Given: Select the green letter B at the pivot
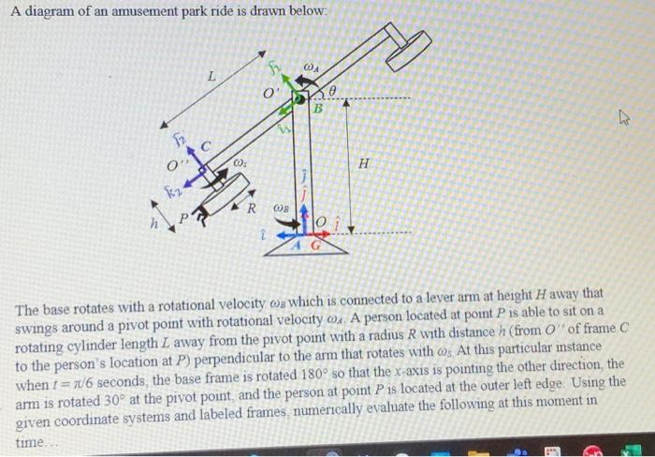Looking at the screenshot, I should tap(317, 108).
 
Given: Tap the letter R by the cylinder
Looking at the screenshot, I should tap(252, 207).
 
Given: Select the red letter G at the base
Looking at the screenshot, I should tap(315, 245).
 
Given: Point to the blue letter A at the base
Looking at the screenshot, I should tap(297, 245).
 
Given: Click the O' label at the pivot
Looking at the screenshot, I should tap(269, 95).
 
